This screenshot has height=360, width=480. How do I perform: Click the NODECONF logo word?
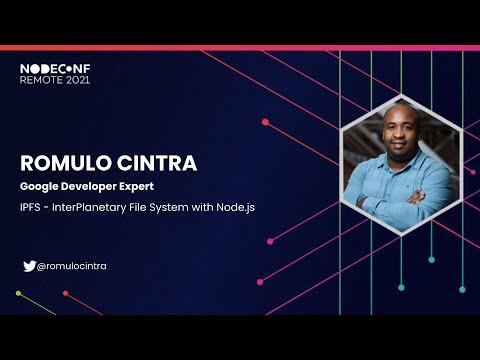(54, 68)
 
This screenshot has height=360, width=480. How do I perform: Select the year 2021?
(79, 79)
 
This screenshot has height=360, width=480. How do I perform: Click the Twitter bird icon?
(28, 266)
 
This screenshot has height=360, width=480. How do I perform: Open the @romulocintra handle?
(71, 266)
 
